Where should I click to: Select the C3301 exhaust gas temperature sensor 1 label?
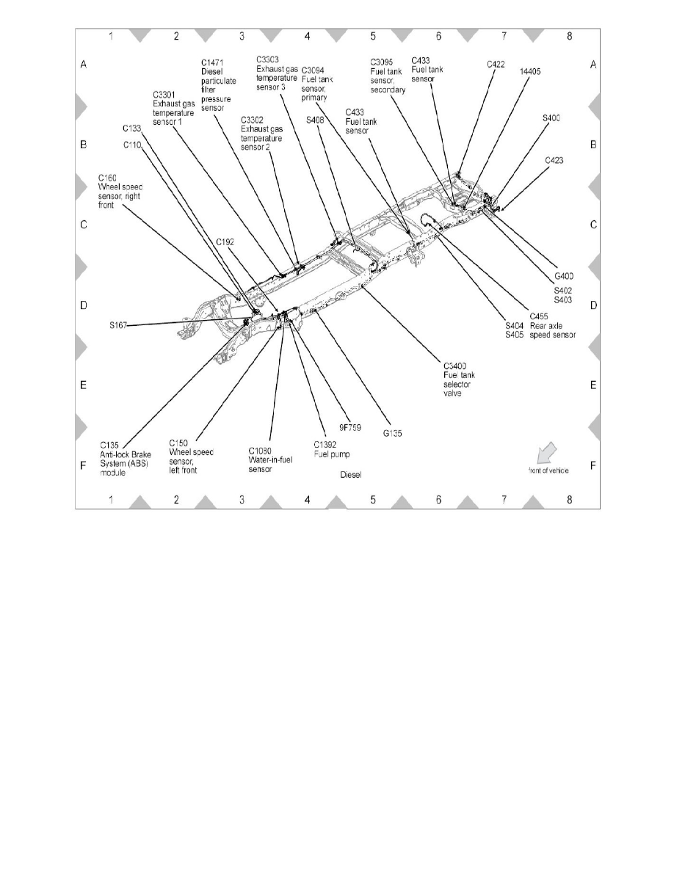pyautogui.click(x=173, y=108)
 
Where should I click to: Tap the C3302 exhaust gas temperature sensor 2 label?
pyautogui.click(x=261, y=132)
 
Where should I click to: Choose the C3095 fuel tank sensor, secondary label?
pyautogui.click(x=388, y=76)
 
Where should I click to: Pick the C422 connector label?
pyautogui.click(x=496, y=65)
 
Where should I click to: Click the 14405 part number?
pyautogui.click(x=531, y=71)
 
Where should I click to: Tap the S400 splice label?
pyautogui.click(x=551, y=117)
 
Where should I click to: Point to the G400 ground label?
pyautogui.click(x=564, y=276)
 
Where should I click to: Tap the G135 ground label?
pyautogui.click(x=391, y=433)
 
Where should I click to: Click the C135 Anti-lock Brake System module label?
pyautogui.click(x=123, y=458)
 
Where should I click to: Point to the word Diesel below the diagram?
pyautogui.click(x=352, y=475)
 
